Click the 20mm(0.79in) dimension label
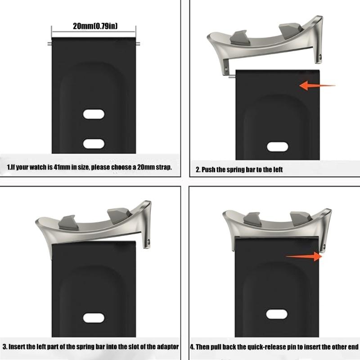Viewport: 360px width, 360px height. click(x=95, y=26)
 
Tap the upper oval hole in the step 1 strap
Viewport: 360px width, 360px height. click(x=94, y=114)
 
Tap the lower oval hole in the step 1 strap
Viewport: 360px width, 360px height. click(x=94, y=144)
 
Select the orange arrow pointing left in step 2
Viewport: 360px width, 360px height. click(x=317, y=85)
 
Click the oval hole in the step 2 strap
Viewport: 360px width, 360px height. click(x=277, y=147)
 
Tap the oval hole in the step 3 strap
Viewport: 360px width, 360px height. click(x=94, y=318)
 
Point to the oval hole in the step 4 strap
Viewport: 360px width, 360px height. click(x=277, y=314)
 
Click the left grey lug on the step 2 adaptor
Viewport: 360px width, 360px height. click(x=239, y=38)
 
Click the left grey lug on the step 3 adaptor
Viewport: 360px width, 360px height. click(x=68, y=223)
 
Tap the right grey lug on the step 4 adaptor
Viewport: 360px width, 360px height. click(x=301, y=219)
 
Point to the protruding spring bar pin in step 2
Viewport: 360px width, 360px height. click(x=232, y=77)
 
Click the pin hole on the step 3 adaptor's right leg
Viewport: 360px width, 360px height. click(x=148, y=242)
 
